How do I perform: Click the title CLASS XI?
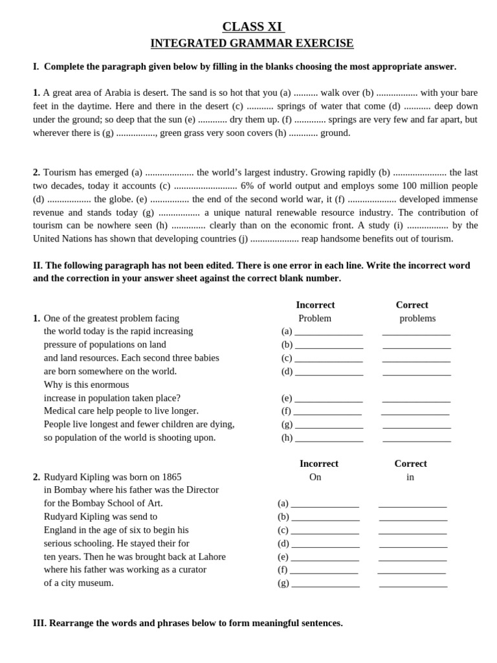pyautogui.click(x=252, y=27)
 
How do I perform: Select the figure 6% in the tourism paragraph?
pyautogui.click(x=248, y=186)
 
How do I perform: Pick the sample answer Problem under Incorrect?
pyautogui.click(x=315, y=319)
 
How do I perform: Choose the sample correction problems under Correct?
pyautogui.click(x=417, y=319)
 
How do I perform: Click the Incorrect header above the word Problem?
pyautogui.click(x=315, y=305)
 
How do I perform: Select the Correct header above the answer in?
pyautogui.click(x=410, y=464)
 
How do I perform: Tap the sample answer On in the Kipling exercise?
pyautogui.click(x=315, y=477)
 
